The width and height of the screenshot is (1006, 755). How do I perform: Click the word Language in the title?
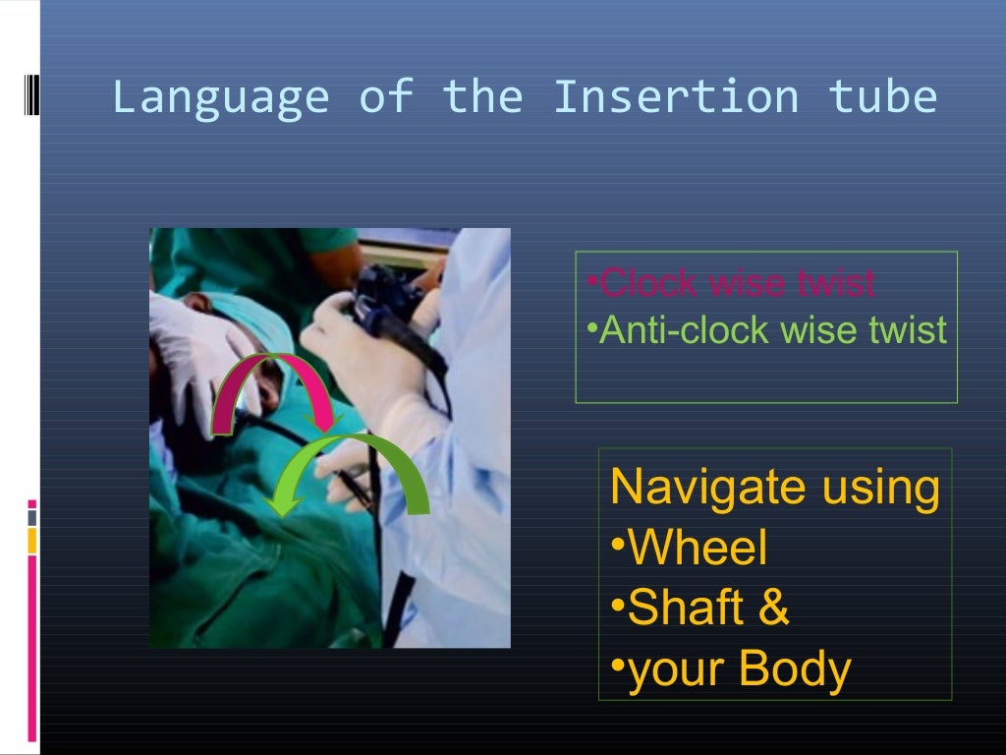tap(220, 98)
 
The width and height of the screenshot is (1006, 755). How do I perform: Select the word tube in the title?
tap(882, 97)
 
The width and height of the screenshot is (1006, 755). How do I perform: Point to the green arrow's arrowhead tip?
tap(283, 511)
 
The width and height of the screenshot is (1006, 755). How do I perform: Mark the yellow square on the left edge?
tap(31, 540)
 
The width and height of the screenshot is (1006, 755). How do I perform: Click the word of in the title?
tap(385, 97)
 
